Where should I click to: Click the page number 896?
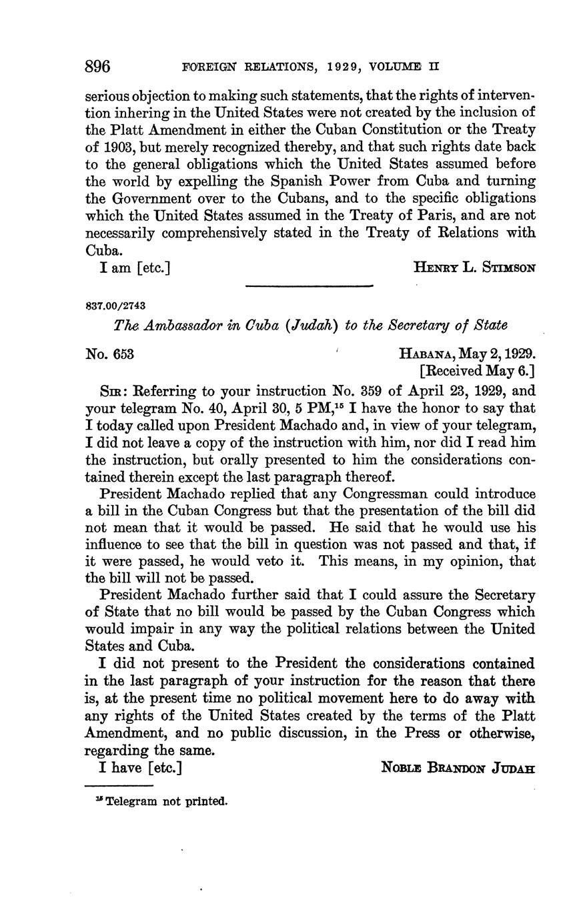pos(97,67)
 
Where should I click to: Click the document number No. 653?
pos(110,354)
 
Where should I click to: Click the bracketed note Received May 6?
pos(477,371)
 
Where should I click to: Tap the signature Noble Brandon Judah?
pos(458,768)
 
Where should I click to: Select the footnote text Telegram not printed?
pos(166,801)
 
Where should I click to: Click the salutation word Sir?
pos(110,390)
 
